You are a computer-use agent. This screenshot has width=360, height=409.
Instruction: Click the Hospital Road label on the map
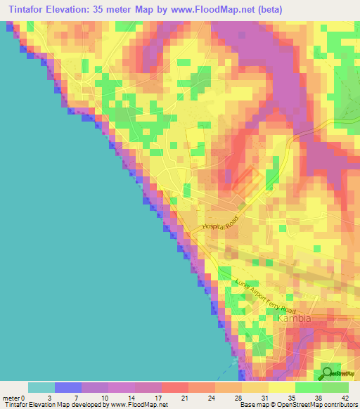tap(221, 223)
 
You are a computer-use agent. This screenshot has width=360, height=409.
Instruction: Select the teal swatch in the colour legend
tap(41, 387)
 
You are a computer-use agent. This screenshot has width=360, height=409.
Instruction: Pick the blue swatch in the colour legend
tap(68, 387)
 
